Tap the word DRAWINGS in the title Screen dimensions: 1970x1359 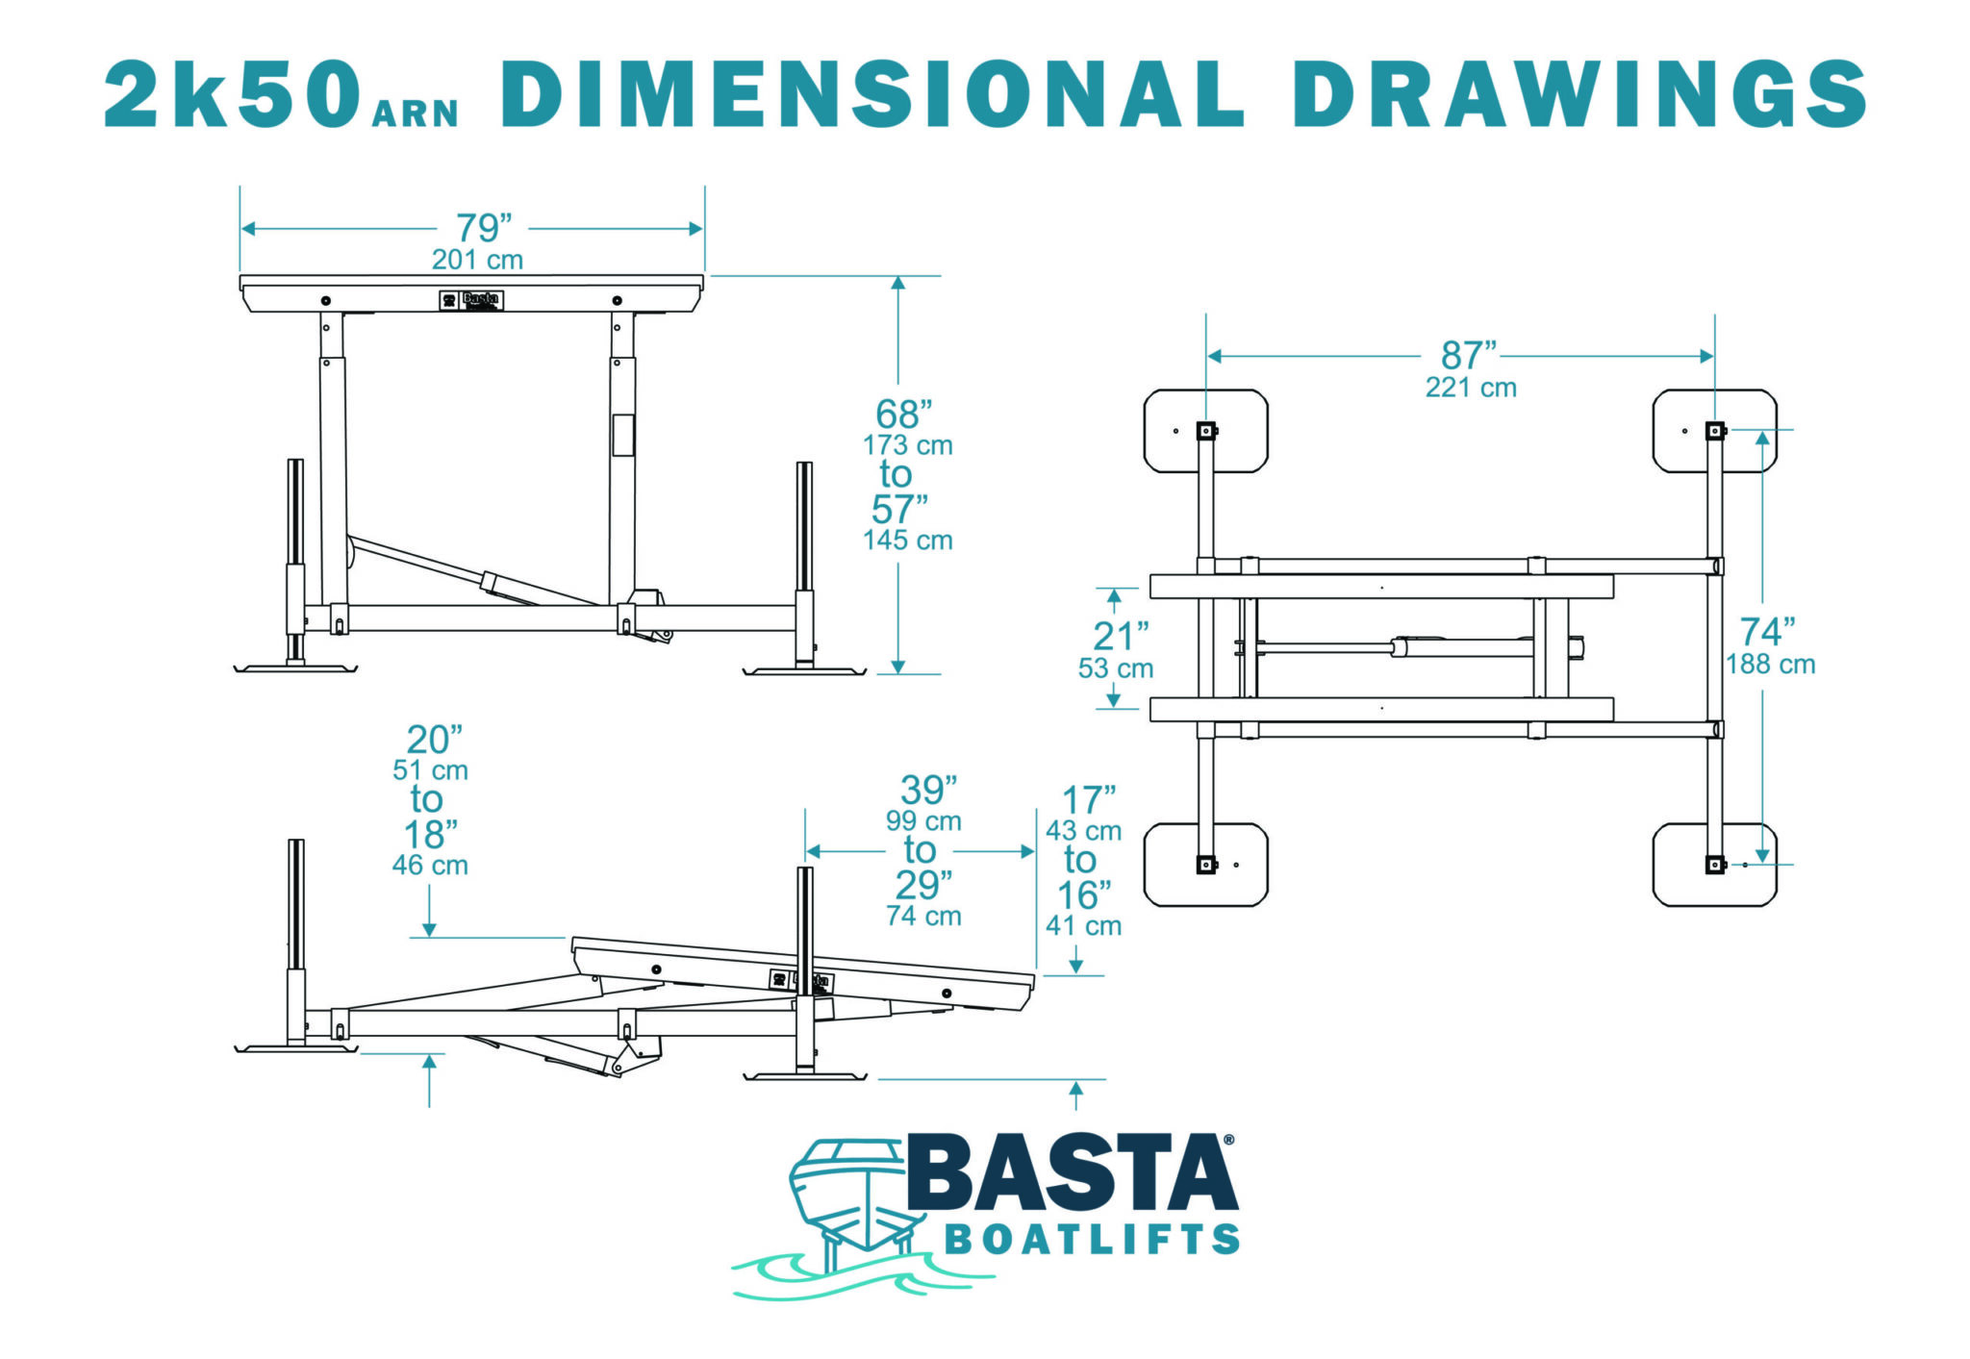coord(1579,92)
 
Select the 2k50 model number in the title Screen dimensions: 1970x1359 coord(232,93)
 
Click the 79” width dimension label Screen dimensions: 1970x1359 coord(483,229)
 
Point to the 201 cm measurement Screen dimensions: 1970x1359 coord(477,260)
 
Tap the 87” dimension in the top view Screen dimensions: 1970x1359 coord(1469,356)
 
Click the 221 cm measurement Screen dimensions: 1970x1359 coord(1471,388)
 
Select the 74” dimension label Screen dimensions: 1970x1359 coord(1767,632)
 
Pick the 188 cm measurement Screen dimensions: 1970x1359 coord(1770,665)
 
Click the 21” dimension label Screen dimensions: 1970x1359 coord(1121,637)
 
